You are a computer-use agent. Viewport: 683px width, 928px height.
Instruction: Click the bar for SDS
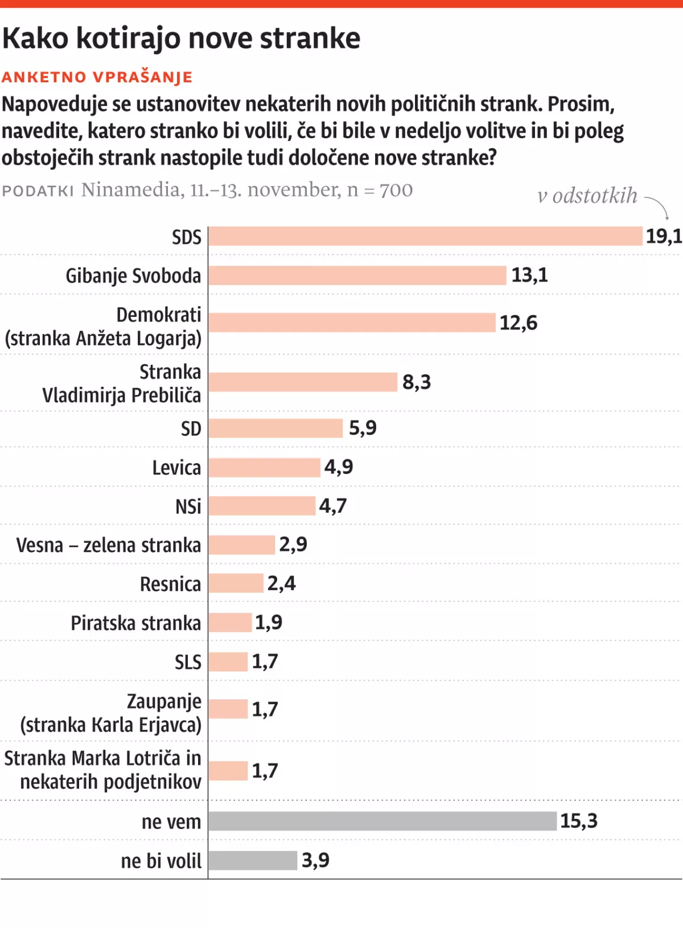[425, 236]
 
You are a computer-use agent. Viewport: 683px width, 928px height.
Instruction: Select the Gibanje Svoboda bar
[357, 275]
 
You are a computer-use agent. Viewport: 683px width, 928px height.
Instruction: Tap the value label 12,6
[518, 323]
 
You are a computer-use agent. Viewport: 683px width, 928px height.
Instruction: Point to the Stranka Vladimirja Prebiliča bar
[303, 382]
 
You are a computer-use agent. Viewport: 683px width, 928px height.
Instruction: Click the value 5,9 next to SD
[363, 428]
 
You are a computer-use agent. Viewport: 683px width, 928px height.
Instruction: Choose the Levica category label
[176, 468]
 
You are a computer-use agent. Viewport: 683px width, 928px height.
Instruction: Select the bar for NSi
[262, 506]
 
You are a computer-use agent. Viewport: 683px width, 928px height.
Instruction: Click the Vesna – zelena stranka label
[108, 545]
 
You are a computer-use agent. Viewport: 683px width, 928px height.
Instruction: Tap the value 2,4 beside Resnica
[281, 583]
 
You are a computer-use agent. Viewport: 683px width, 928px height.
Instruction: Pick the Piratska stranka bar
[230, 622]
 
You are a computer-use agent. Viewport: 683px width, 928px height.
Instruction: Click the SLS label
[188, 662]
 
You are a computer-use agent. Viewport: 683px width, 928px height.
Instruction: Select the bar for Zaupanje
[228, 709]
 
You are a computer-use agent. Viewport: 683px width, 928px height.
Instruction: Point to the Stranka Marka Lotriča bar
[228, 771]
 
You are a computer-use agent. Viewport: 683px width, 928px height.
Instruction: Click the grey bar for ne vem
[382, 821]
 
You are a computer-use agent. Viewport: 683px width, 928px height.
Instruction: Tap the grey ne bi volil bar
[253, 860]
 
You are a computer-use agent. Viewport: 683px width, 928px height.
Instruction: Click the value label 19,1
[663, 236]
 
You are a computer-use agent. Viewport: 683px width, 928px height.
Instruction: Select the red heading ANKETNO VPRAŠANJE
[97, 77]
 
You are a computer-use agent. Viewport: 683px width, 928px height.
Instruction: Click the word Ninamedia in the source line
[130, 189]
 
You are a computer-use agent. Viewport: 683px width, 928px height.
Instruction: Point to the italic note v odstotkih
[587, 196]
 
